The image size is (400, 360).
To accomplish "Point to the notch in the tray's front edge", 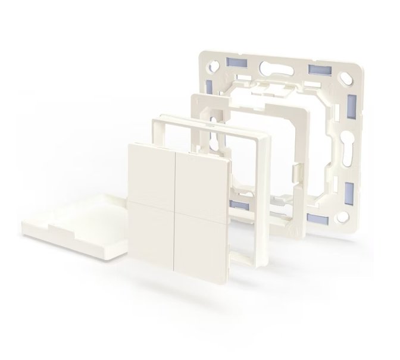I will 57,228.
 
